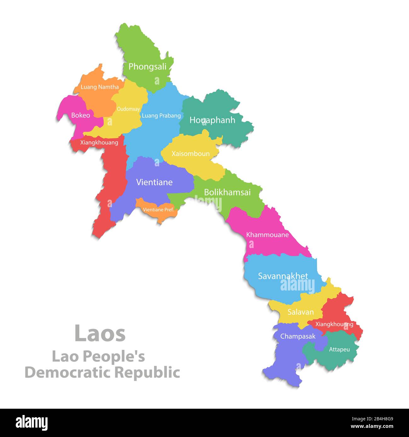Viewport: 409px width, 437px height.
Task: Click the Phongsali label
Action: tap(147, 67)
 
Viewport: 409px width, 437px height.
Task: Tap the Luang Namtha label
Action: tap(100, 87)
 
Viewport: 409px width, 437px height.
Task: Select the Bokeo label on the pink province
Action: tap(81, 115)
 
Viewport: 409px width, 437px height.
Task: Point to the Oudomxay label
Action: tap(128, 109)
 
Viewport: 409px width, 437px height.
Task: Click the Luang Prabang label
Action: tap(161, 116)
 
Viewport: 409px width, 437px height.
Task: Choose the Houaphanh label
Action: tap(212, 120)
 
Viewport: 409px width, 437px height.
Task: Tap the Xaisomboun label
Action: tap(190, 154)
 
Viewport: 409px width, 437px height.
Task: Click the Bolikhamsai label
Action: tap(227, 192)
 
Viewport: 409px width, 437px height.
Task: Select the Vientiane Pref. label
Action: tap(158, 210)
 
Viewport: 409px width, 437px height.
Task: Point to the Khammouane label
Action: tap(267, 235)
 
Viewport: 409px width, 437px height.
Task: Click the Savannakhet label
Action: tap(283, 276)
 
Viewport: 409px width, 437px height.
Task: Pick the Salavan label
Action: tap(301, 312)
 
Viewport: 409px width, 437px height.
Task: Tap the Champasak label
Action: tap(298, 336)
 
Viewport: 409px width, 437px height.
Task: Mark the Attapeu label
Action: tap(339, 349)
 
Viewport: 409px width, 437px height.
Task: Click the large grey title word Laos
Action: tap(100, 334)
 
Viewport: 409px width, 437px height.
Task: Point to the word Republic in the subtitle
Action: tap(147, 373)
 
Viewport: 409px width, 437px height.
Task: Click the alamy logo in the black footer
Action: tap(32, 423)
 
